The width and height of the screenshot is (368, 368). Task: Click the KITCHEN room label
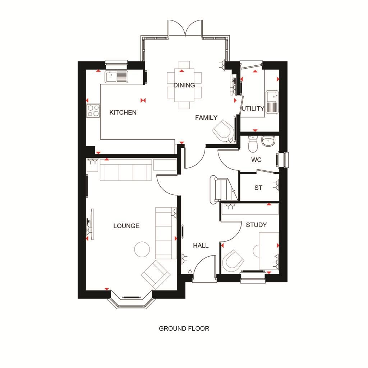tap(123, 112)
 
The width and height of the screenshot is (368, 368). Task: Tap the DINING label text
tap(184, 85)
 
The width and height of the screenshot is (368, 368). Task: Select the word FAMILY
tap(206, 118)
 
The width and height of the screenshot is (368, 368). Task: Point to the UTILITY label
tap(253, 109)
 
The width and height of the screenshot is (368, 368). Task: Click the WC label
tap(256, 160)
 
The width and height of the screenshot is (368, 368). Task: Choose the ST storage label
tap(258, 188)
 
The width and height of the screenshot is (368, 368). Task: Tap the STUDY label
tap(256, 225)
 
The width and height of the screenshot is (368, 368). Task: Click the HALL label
tap(201, 245)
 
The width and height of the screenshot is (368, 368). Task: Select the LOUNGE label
tap(126, 226)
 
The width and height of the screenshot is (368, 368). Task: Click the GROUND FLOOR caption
tap(184, 328)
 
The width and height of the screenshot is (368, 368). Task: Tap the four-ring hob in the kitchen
tap(93, 110)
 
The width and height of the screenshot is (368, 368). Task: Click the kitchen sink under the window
tap(116, 77)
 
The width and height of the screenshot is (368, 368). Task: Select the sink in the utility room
tap(272, 102)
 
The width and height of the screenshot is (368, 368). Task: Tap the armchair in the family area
tap(223, 130)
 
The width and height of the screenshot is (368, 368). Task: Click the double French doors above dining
tap(185, 28)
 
